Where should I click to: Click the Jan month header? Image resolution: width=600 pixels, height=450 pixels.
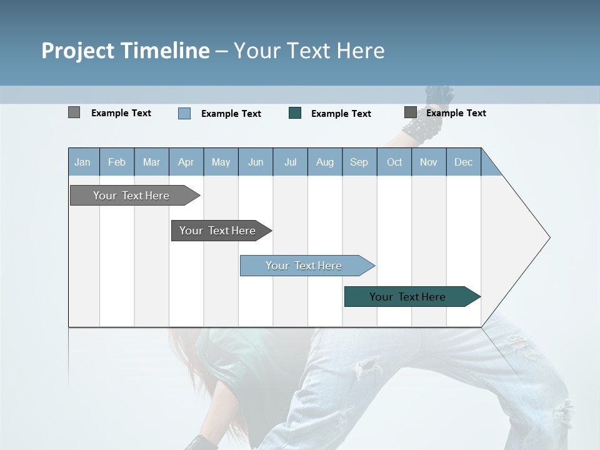(x=83, y=162)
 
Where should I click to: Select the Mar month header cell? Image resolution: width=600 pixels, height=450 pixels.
(x=151, y=162)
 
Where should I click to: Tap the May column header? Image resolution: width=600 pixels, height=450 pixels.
(x=221, y=162)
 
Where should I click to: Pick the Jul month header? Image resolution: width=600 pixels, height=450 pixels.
(x=290, y=162)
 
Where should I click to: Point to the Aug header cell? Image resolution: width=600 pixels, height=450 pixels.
(x=324, y=162)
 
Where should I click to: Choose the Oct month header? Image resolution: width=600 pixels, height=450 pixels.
(x=394, y=162)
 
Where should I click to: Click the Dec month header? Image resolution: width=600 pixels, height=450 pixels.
(x=463, y=162)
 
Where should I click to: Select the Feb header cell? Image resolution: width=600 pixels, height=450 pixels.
(x=117, y=162)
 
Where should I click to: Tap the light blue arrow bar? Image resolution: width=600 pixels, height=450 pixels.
(x=306, y=266)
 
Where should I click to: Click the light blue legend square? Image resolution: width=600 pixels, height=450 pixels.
(x=184, y=113)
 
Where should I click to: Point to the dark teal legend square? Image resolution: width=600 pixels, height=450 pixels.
(x=295, y=113)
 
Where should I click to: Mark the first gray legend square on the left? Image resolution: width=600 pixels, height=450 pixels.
(x=74, y=112)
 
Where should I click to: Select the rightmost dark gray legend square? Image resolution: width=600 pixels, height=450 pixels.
(x=411, y=112)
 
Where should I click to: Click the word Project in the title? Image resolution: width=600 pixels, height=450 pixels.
(x=78, y=51)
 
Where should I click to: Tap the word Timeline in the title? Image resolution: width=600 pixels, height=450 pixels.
(x=165, y=51)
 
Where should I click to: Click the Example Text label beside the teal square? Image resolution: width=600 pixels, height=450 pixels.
(x=341, y=114)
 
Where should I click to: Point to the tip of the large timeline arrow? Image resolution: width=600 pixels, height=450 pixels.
(x=549, y=237)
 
